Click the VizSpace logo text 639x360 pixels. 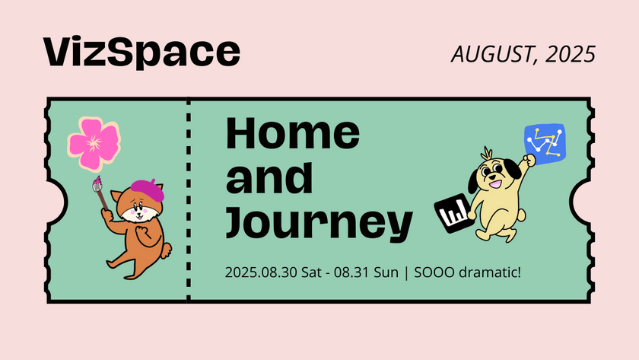(x=142, y=52)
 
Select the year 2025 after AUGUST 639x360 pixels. (x=570, y=53)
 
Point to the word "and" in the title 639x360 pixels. (x=270, y=177)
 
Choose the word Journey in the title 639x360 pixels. (x=319, y=222)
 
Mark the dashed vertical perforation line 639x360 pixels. (x=188, y=202)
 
